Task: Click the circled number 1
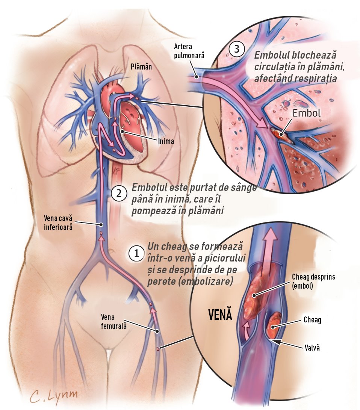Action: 136,253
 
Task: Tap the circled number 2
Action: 119,194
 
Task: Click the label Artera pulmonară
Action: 189,51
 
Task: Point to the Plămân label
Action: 141,67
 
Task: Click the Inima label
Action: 166,141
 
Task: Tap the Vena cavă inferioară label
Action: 58,222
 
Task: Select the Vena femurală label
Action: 114,321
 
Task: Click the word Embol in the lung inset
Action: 306,113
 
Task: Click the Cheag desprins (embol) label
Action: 313,281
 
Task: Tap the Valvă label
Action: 312,348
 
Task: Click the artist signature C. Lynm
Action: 54,395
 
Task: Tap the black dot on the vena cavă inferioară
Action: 101,224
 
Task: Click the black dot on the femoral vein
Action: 157,331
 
